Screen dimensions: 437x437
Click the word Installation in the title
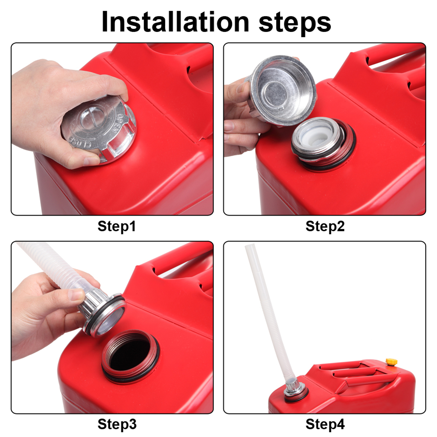tap(175, 22)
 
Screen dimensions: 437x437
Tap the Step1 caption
tap(117, 226)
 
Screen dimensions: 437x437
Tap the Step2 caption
tap(325, 226)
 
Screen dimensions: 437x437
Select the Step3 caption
tap(117, 424)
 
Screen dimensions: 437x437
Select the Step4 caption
tap(325, 424)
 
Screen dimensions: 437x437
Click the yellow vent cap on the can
tap(391, 362)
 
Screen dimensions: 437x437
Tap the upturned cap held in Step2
tap(283, 90)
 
